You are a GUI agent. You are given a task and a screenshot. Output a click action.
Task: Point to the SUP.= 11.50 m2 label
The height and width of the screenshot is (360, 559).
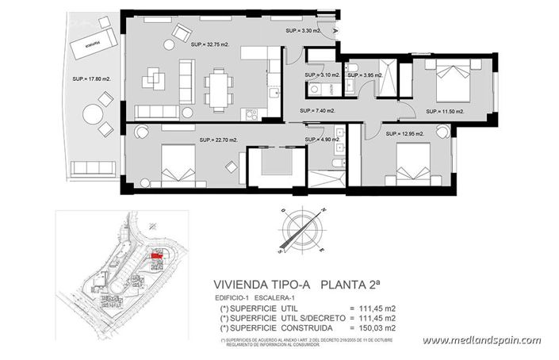444,111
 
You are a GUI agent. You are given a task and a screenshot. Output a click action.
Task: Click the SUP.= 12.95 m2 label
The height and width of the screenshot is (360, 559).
405,133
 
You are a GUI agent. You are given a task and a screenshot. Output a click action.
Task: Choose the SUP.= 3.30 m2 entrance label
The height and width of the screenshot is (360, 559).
304,31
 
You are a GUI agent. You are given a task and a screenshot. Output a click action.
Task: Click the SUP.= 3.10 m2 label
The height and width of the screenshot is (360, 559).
322,75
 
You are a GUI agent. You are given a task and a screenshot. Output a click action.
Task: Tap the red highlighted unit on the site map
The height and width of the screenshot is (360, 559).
157,255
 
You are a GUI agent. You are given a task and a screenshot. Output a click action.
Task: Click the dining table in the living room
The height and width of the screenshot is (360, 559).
218,83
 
